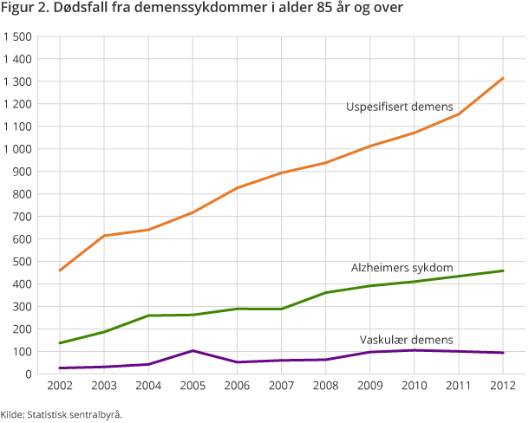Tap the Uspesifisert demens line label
click(399, 107)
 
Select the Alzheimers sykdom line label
click(402, 269)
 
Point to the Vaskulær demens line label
click(406, 339)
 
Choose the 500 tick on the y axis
click(23, 261)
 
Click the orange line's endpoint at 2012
click(503, 78)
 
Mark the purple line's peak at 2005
click(193, 350)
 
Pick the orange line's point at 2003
click(103, 236)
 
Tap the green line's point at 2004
click(148, 316)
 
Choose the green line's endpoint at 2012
click(503, 270)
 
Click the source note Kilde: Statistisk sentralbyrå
click(62, 414)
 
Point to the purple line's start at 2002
click(59, 368)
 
